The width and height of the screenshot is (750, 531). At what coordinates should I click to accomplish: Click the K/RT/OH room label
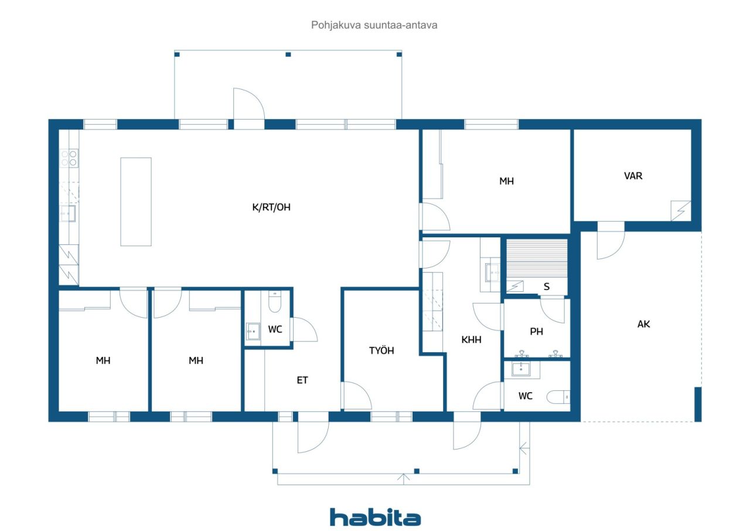click(271, 207)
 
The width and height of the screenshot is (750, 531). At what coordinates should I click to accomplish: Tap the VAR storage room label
click(633, 176)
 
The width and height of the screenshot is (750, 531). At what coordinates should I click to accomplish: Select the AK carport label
click(643, 324)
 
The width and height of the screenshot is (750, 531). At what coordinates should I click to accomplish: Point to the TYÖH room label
click(381, 350)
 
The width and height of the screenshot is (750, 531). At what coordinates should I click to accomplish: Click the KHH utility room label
click(471, 340)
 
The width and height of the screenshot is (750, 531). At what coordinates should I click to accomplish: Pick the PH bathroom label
click(536, 332)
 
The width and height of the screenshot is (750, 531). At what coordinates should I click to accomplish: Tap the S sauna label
click(547, 287)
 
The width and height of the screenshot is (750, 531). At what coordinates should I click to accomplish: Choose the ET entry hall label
click(302, 380)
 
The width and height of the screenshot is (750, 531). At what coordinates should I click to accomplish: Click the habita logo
click(375, 517)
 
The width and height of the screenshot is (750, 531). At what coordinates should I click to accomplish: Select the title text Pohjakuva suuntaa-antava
click(374, 25)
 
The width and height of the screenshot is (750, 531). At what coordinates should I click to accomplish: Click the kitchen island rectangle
click(136, 202)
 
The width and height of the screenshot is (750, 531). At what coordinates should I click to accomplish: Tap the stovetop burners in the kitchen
click(69, 158)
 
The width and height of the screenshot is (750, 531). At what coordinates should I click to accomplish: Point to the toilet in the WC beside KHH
click(558, 397)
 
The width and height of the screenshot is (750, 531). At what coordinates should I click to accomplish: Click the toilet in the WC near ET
click(275, 302)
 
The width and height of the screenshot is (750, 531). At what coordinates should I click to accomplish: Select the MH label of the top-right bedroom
click(506, 181)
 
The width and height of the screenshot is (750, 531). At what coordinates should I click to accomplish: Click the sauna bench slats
click(537, 258)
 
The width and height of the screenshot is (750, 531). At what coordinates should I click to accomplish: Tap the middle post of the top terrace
click(288, 55)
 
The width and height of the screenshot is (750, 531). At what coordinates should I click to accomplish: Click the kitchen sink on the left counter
click(68, 213)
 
